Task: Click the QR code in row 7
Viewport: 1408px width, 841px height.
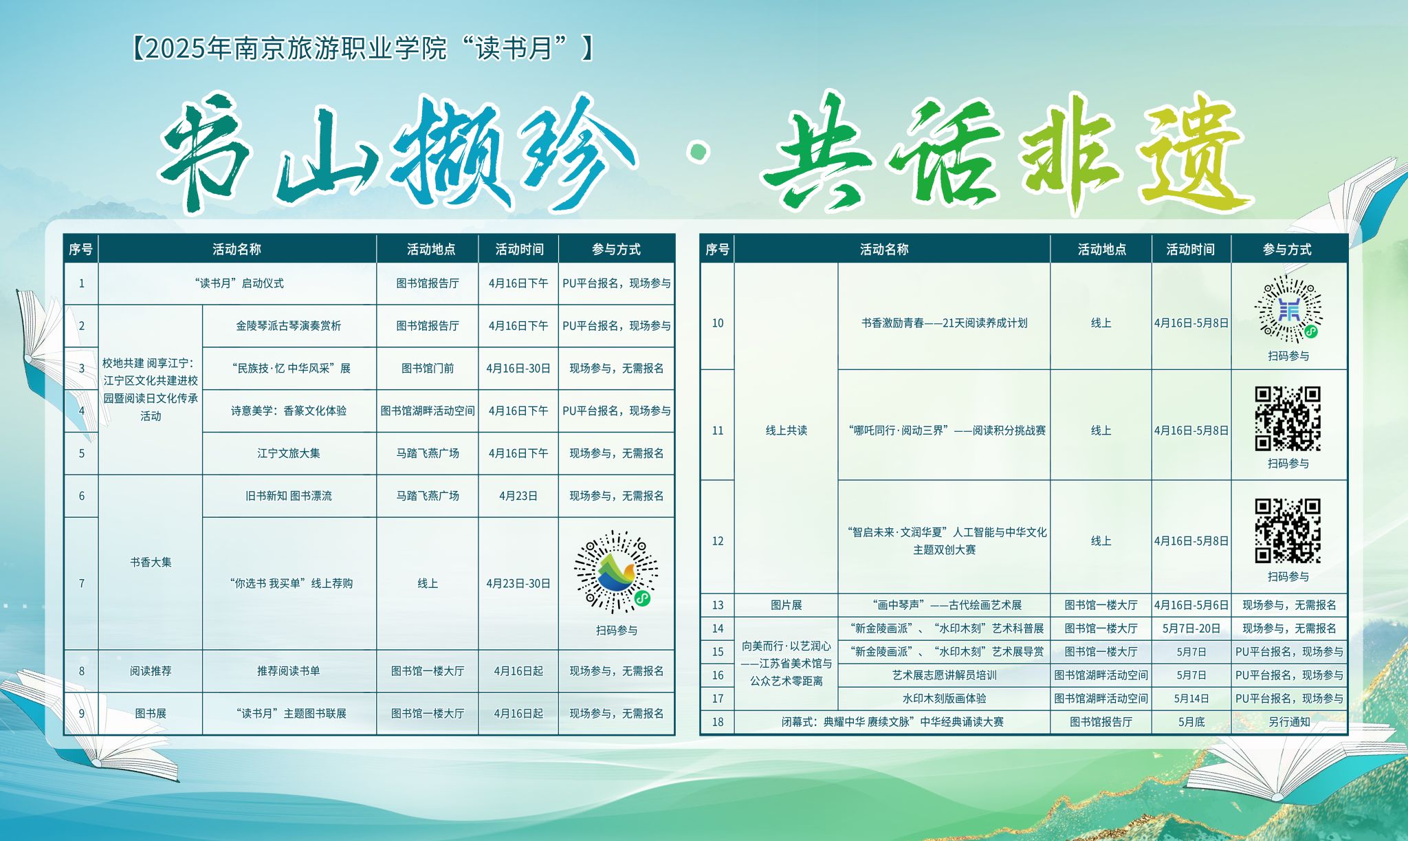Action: click(616, 571)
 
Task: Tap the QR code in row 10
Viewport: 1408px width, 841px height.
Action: click(1288, 309)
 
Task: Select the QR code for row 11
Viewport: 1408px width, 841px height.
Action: click(1288, 419)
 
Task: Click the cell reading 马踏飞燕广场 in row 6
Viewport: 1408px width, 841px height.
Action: click(428, 496)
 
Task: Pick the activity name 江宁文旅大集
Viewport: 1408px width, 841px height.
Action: click(289, 453)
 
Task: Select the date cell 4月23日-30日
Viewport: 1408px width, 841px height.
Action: click(518, 583)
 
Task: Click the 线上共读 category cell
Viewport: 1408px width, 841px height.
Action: click(786, 430)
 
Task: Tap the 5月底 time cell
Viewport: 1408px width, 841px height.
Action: click(1191, 722)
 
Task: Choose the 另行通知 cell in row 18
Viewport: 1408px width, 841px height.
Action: click(1289, 722)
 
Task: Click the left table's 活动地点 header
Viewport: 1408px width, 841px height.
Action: click(431, 249)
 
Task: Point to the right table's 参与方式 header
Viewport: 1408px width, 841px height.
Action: click(1287, 249)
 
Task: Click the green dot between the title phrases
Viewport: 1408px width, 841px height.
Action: click(699, 151)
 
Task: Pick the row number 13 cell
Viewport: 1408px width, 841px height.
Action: click(718, 605)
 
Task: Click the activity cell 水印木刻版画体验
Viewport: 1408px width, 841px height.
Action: click(944, 699)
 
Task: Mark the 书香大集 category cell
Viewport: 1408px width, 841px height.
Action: click(151, 562)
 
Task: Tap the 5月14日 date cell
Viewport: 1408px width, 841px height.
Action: click(1191, 699)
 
